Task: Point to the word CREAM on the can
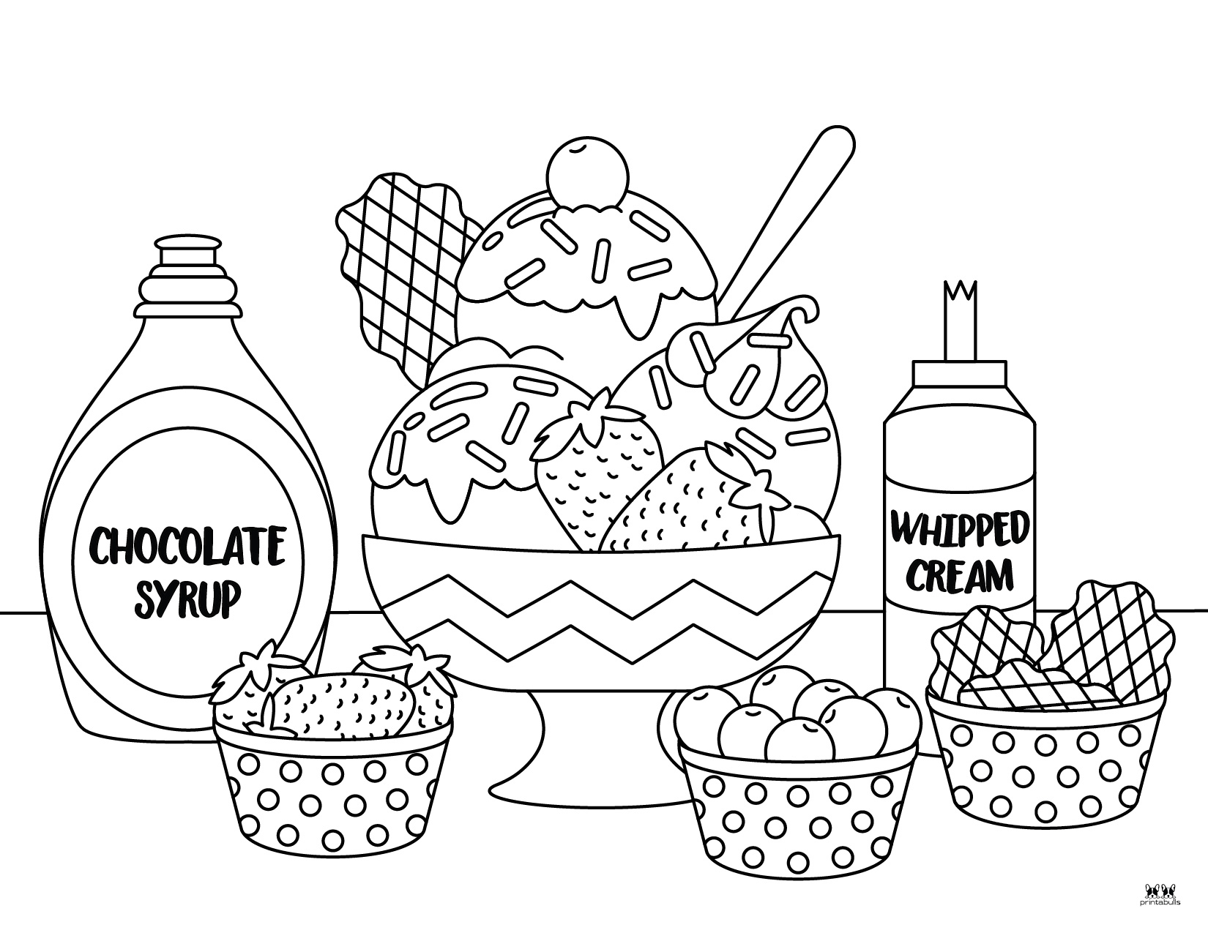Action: pyautogui.click(x=960, y=575)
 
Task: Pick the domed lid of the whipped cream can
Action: pyautogui.click(x=960, y=391)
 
